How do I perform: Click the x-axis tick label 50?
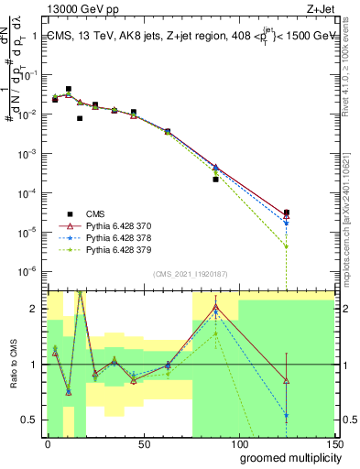tap(143, 443)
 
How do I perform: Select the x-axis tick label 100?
tap(238, 443)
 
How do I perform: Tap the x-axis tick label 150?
tap(333, 443)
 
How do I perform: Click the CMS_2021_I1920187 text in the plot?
tap(191, 274)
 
